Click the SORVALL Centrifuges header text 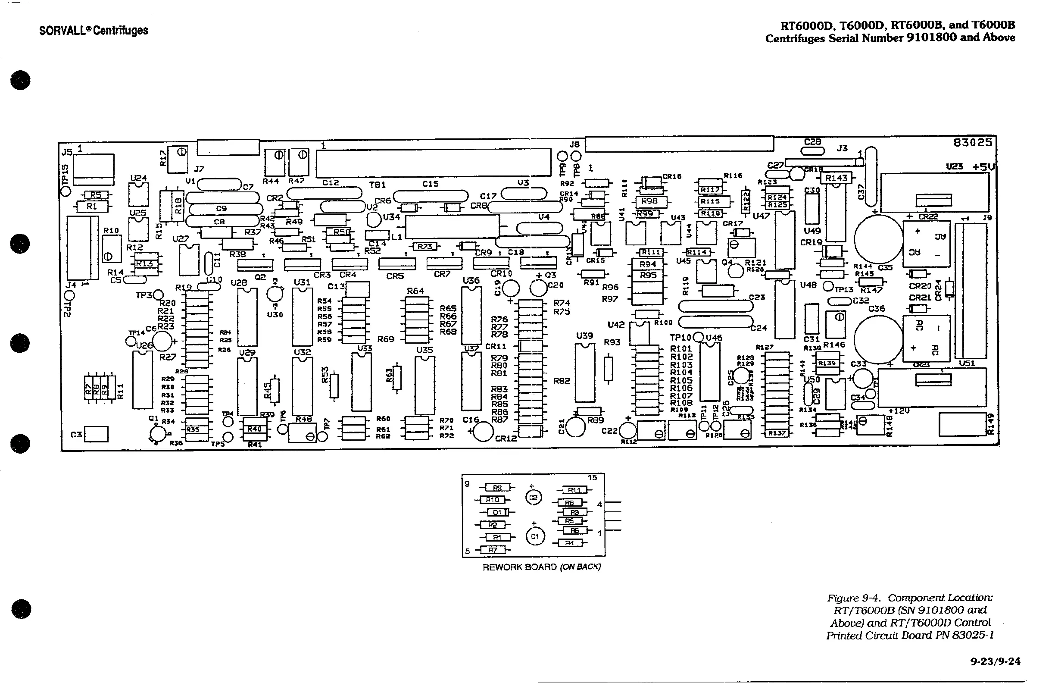tap(94, 30)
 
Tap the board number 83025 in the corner tap(973, 142)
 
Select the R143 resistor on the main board tap(836, 178)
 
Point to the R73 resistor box tap(424, 246)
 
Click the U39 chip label tap(584, 336)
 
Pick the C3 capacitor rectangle tap(96, 434)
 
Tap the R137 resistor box tap(777, 433)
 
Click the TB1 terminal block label tap(377, 185)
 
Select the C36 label tap(876, 308)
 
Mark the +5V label tap(983, 167)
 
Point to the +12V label tap(899, 410)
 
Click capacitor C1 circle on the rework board tap(534, 536)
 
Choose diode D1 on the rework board tap(497, 512)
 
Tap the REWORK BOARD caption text tap(541, 567)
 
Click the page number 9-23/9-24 tap(995, 662)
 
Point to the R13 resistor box tap(144, 263)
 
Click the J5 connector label tap(67, 152)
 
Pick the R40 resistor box tap(254, 429)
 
